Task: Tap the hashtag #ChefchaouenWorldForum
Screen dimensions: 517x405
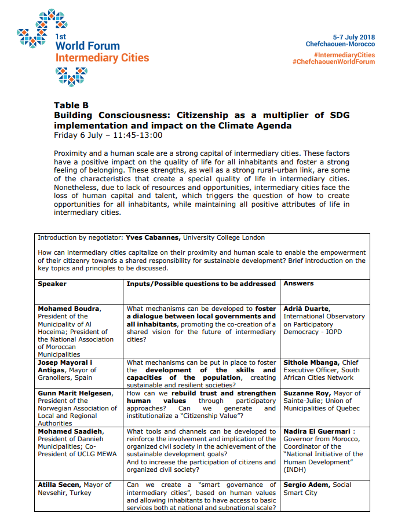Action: (x=334, y=62)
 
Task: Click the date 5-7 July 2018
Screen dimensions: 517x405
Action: (x=353, y=37)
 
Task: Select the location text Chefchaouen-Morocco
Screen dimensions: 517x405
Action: (x=340, y=44)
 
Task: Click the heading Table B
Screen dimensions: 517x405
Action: (x=71, y=105)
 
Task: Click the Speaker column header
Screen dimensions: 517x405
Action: (x=52, y=284)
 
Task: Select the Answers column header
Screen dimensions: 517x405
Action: (x=298, y=284)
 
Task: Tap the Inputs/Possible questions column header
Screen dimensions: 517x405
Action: (x=201, y=284)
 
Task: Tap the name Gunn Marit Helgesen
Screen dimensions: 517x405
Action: (x=75, y=393)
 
